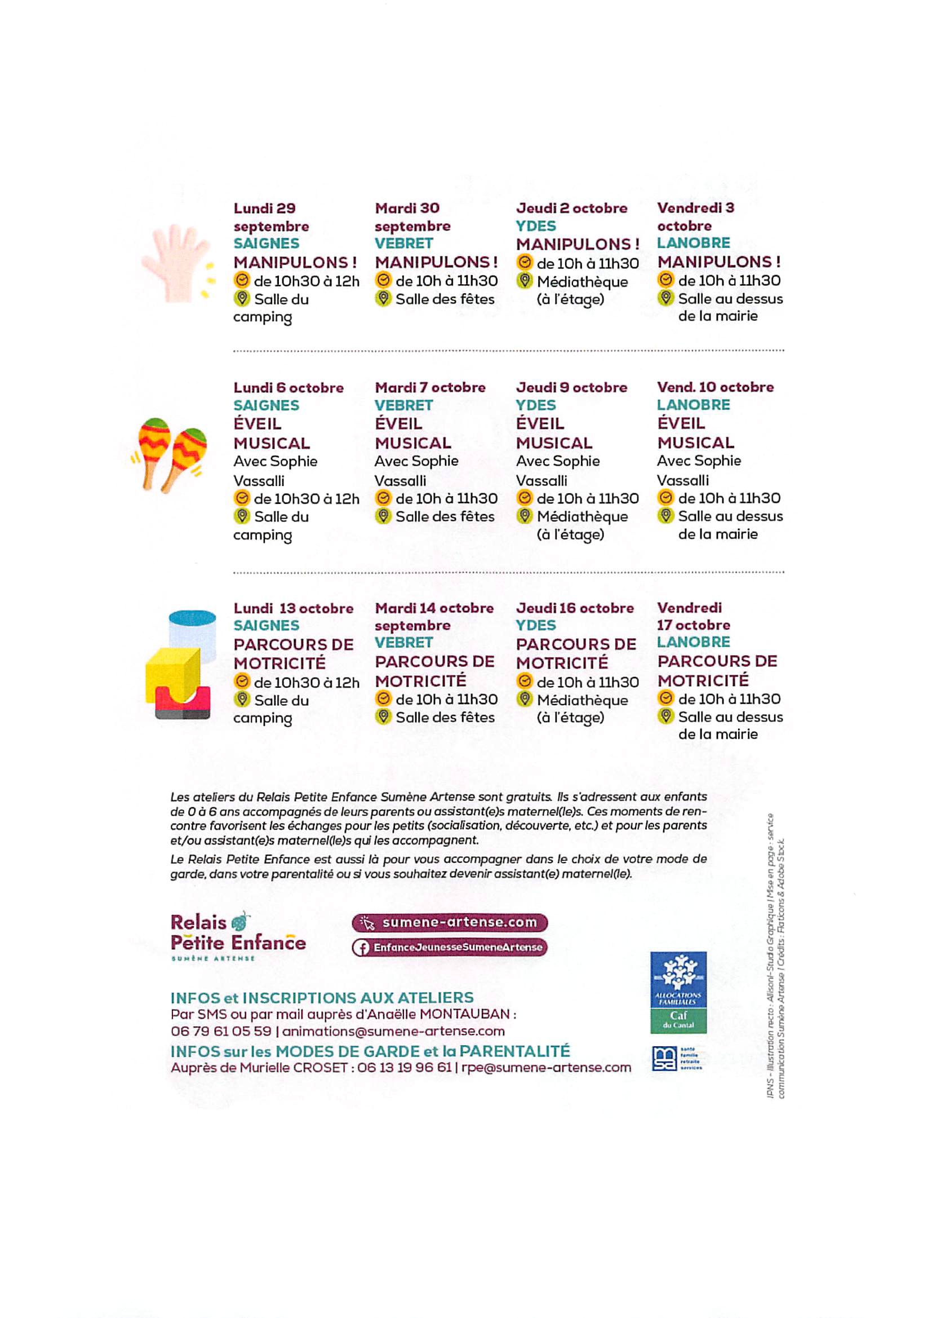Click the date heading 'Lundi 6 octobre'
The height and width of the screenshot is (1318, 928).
pyautogui.click(x=288, y=387)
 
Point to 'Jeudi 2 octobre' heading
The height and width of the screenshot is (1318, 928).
pyautogui.click(x=571, y=208)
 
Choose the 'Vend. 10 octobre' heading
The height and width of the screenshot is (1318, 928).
pyautogui.click(x=715, y=387)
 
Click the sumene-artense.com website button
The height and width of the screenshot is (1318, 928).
pyautogui.click(x=450, y=922)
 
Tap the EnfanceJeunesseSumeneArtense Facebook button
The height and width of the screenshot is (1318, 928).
pyautogui.click(x=450, y=947)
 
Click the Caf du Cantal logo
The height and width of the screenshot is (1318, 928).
pyautogui.click(x=678, y=993)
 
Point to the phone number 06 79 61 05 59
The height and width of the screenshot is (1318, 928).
pyautogui.click(x=221, y=1031)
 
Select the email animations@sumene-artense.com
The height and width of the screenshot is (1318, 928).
pyautogui.click(x=393, y=1031)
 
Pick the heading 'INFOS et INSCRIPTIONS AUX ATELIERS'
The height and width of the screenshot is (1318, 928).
pyautogui.click(x=322, y=998)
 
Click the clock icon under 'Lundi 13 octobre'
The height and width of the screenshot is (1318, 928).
pyautogui.click(x=242, y=682)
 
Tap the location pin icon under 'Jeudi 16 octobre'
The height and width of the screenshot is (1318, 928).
pyautogui.click(x=524, y=699)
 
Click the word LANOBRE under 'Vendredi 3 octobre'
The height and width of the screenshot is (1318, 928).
pyautogui.click(x=693, y=243)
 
